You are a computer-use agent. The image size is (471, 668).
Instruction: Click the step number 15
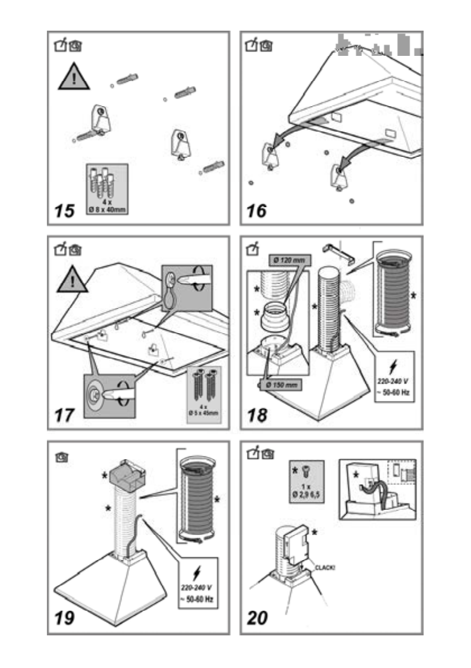click(64, 211)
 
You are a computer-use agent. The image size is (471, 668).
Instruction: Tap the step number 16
click(257, 211)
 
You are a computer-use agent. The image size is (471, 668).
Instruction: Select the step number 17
click(64, 415)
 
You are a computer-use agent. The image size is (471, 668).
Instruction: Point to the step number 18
click(257, 415)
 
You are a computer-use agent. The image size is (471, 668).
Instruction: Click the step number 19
click(65, 618)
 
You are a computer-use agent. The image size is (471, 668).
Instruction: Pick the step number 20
click(258, 618)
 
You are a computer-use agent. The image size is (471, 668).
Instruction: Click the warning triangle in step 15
click(74, 78)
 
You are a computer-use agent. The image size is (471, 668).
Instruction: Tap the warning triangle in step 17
click(73, 280)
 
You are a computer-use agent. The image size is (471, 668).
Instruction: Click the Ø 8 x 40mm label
click(108, 210)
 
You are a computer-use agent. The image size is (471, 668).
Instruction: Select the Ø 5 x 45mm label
click(203, 412)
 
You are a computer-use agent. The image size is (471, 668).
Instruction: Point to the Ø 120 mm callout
click(290, 260)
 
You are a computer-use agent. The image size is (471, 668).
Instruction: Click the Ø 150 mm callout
click(281, 385)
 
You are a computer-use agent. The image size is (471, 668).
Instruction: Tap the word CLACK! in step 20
click(325, 568)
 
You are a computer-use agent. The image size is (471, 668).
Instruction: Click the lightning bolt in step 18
click(393, 367)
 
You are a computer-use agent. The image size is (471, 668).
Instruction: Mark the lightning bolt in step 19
click(197, 574)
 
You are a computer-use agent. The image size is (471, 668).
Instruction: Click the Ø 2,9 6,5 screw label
click(306, 494)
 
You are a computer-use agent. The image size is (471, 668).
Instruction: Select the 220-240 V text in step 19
click(196, 588)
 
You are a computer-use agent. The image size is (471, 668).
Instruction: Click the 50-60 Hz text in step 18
click(393, 393)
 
